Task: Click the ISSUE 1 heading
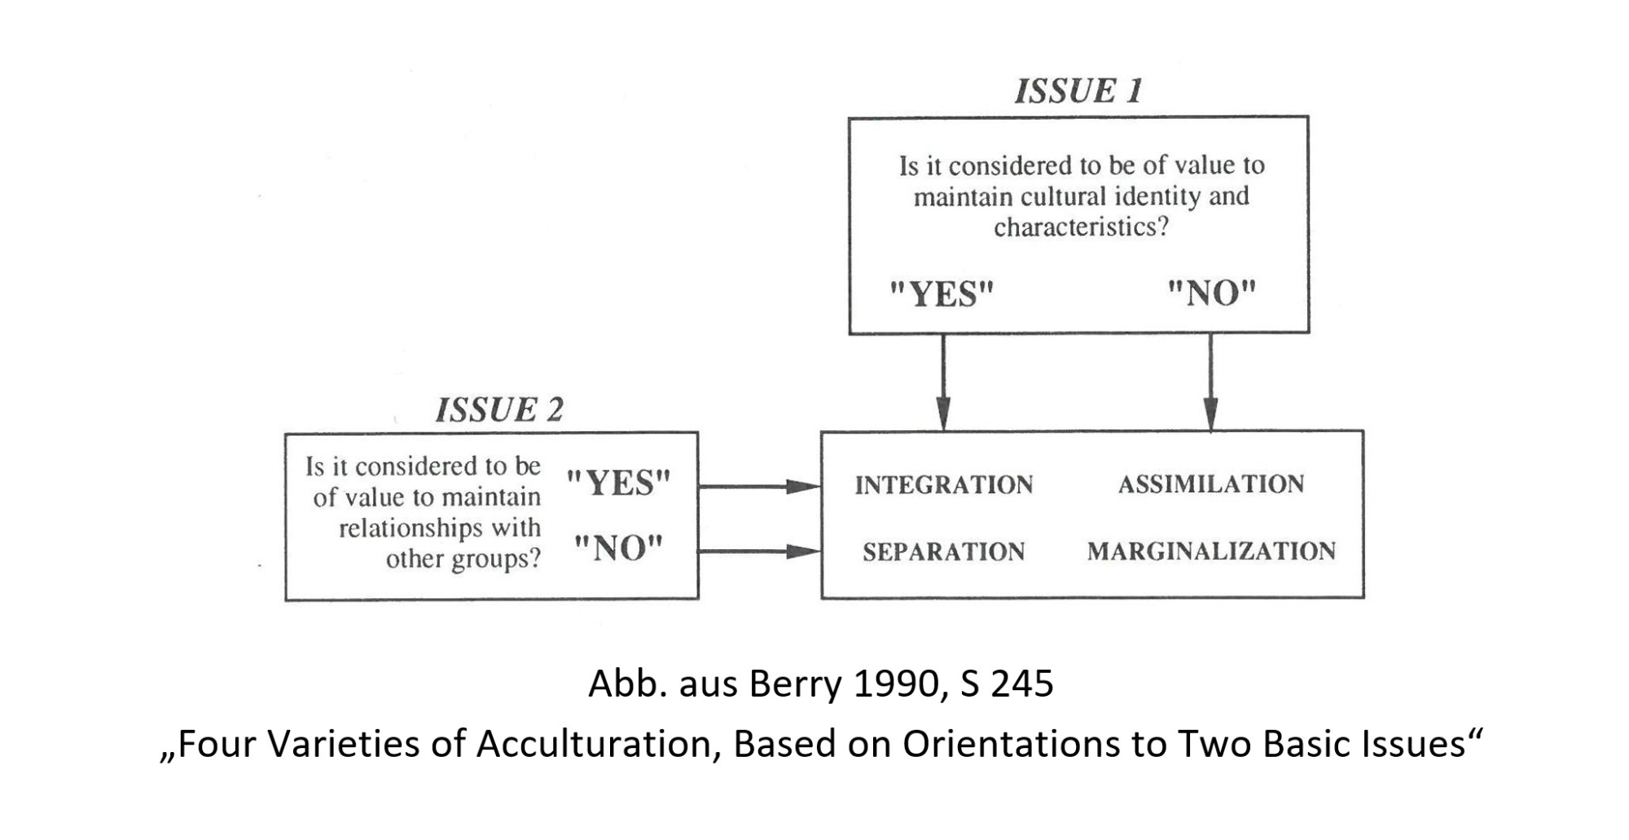[x=1078, y=90]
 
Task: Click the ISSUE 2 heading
[x=499, y=409]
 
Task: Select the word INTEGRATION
[x=944, y=485]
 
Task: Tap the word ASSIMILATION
[x=1211, y=484]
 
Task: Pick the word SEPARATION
[x=944, y=552]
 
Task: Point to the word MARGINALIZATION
[x=1211, y=551]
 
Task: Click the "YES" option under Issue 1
[x=942, y=293]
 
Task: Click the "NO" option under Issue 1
[x=1212, y=292]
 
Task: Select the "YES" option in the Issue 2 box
[x=618, y=482]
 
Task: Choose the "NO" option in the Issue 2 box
[x=619, y=548]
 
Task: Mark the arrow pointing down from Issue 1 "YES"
[x=943, y=381]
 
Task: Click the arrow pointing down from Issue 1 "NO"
[x=1210, y=381]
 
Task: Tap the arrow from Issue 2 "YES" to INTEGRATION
[x=760, y=486]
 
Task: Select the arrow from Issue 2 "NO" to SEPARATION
[x=760, y=552]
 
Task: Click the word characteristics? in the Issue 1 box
[x=1081, y=226]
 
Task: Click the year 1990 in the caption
[x=899, y=683]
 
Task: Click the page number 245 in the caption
[x=1022, y=683]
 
